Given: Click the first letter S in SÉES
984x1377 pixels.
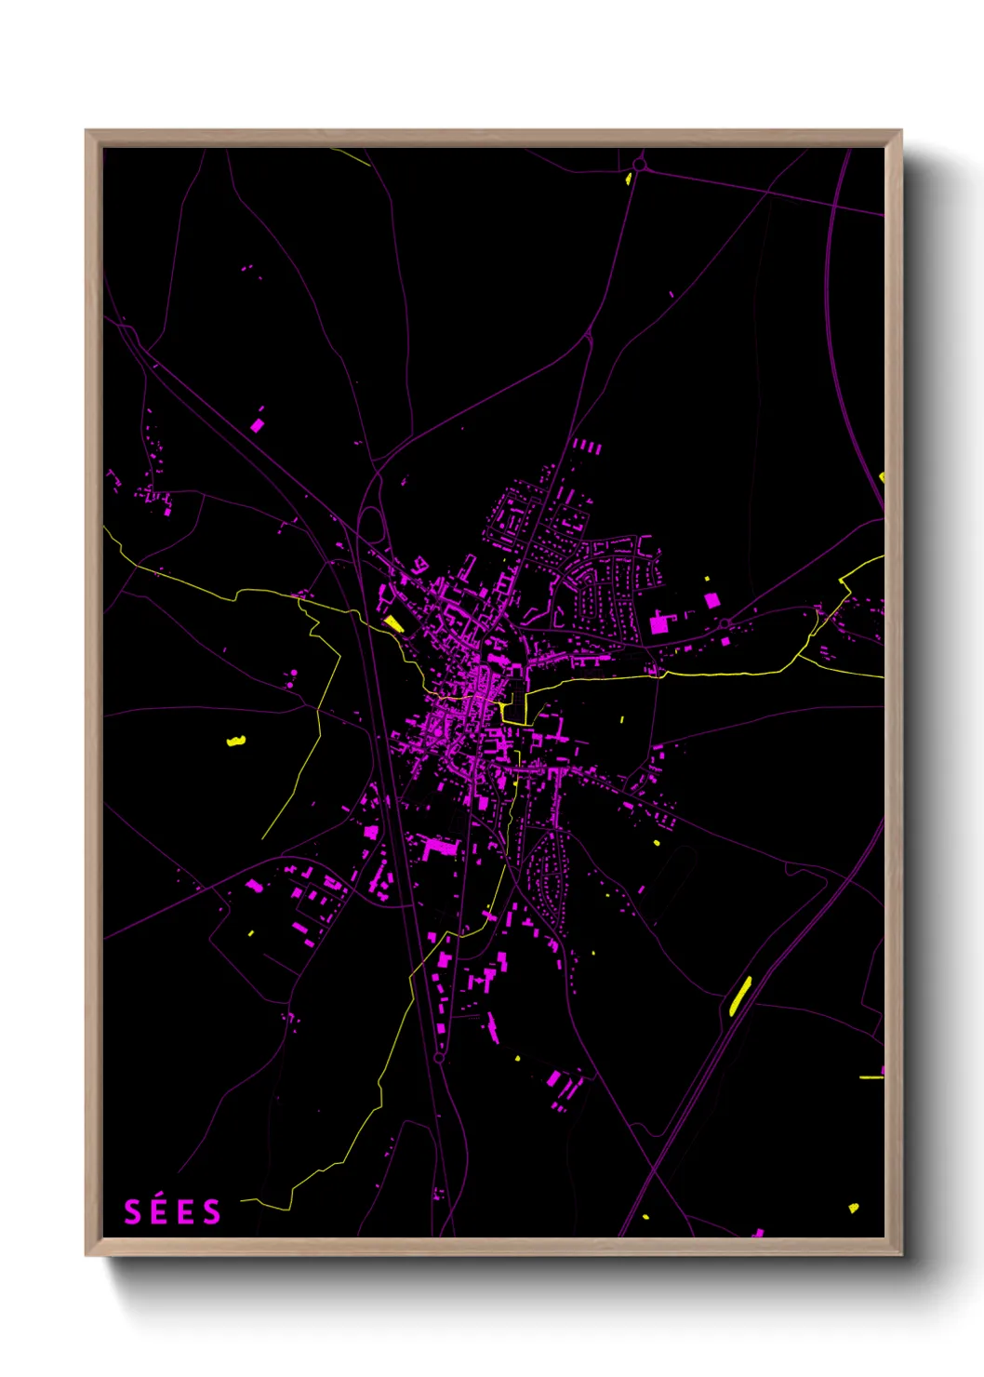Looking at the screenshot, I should (132, 1212).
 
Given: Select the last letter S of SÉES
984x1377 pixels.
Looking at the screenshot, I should (213, 1212).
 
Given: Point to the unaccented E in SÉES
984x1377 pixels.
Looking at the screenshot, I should (186, 1212).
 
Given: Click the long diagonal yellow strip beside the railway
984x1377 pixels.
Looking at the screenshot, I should (740, 996).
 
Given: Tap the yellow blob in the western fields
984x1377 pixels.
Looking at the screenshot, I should (236, 742).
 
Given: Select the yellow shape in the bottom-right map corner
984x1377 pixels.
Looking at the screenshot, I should (853, 1209).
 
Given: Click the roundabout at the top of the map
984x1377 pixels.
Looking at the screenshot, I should (639, 166).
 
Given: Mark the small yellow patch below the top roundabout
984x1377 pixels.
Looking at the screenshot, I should (630, 179).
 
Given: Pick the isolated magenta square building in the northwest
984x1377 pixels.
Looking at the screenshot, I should (258, 425).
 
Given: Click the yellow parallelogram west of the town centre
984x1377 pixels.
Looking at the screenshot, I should (393, 622).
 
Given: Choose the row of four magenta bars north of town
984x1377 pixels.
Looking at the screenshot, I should (586, 448).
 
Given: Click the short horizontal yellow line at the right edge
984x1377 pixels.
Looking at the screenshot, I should (871, 1077).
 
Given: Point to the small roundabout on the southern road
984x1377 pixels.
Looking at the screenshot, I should (438, 1058).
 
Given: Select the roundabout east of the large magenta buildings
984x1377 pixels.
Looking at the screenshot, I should (725, 623).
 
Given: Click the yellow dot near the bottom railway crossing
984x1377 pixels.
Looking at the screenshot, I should (645, 1216).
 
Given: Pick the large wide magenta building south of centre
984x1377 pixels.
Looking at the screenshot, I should (441, 847).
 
